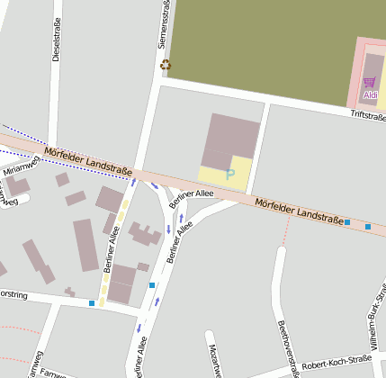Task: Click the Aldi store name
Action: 370,94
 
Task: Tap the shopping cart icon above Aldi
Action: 369,82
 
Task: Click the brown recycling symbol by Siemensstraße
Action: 165,64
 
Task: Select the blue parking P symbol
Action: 230,173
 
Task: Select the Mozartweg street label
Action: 214,359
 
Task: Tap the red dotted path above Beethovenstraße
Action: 286,235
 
